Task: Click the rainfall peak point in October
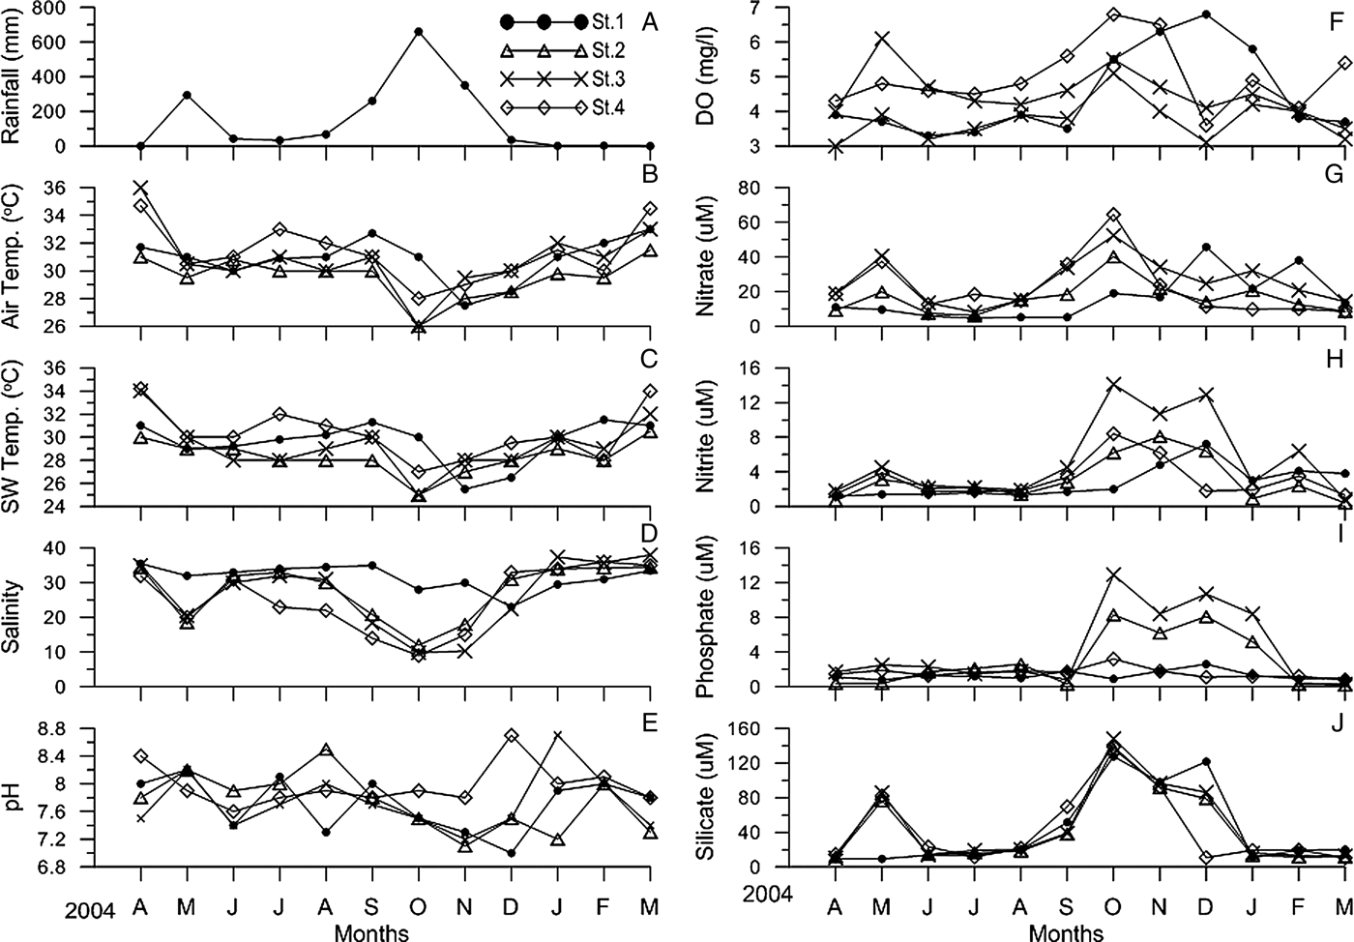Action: pyautogui.click(x=418, y=32)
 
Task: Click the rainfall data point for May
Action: pyautogui.click(x=187, y=95)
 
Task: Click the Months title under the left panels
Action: pyautogui.click(x=371, y=932)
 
